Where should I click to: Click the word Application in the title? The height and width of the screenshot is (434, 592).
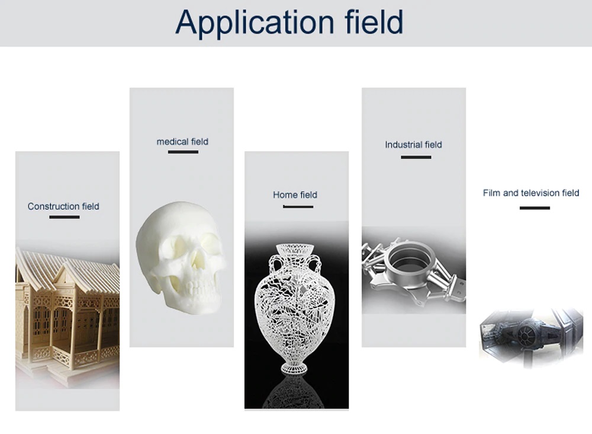255,23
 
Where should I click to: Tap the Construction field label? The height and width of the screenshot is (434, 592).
63,206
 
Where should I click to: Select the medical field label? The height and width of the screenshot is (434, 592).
182,142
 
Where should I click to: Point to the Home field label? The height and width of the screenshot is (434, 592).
295,195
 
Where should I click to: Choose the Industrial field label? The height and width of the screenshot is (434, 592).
413,145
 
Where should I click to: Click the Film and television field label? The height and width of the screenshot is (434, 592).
531,193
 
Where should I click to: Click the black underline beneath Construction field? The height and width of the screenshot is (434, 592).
64,217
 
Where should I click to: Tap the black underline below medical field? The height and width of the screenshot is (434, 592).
183,152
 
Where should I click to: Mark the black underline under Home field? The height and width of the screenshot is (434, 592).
298,207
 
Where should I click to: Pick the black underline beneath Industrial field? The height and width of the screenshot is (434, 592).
416,157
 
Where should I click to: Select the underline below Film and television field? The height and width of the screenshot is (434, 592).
535,208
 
